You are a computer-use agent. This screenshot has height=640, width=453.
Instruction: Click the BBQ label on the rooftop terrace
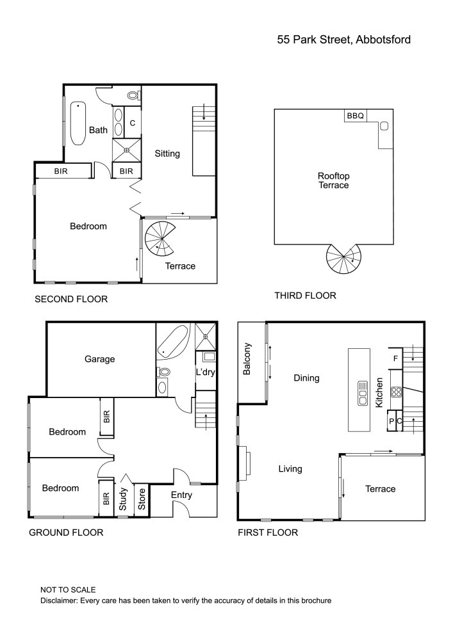(356, 116)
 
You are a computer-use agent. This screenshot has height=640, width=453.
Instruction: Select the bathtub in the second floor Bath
(78, 123)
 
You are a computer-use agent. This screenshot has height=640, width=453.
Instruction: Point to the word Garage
(99, 359)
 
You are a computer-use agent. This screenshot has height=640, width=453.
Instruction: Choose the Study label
(123, 500)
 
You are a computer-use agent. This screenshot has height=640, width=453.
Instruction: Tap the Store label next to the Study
(142, 500)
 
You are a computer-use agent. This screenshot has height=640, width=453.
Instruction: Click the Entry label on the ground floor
(181, 495)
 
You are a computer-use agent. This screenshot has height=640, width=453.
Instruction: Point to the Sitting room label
(167, 154)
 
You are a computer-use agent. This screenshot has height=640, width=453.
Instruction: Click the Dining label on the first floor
(306, 378)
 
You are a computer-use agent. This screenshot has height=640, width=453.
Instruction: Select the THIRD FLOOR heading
(305, 296)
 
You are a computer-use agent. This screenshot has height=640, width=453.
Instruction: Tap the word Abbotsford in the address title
(383, 40)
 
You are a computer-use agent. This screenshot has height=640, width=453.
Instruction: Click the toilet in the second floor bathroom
(133, 95)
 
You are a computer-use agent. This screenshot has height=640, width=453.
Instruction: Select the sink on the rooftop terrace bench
(384, 125)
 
